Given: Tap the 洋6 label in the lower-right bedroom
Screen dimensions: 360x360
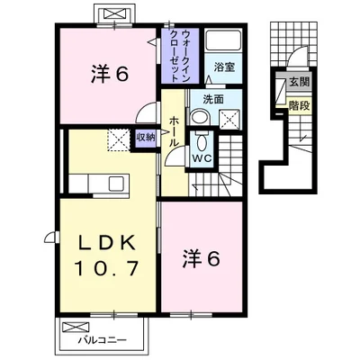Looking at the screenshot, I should tap(202, 258).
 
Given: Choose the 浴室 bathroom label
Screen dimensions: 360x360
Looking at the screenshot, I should tap(223, 67).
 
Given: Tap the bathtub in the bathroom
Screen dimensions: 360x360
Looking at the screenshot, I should tap(223, 41).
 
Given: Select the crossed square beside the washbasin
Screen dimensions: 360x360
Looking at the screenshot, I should tap(229, 117).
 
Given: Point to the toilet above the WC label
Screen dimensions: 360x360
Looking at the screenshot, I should tap(203, 141).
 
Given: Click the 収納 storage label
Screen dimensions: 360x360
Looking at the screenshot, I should tap(145, 138).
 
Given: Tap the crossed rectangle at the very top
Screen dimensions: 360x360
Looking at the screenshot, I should tap(115, 15).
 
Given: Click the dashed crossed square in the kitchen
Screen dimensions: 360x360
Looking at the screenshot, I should tap(118, 139).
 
